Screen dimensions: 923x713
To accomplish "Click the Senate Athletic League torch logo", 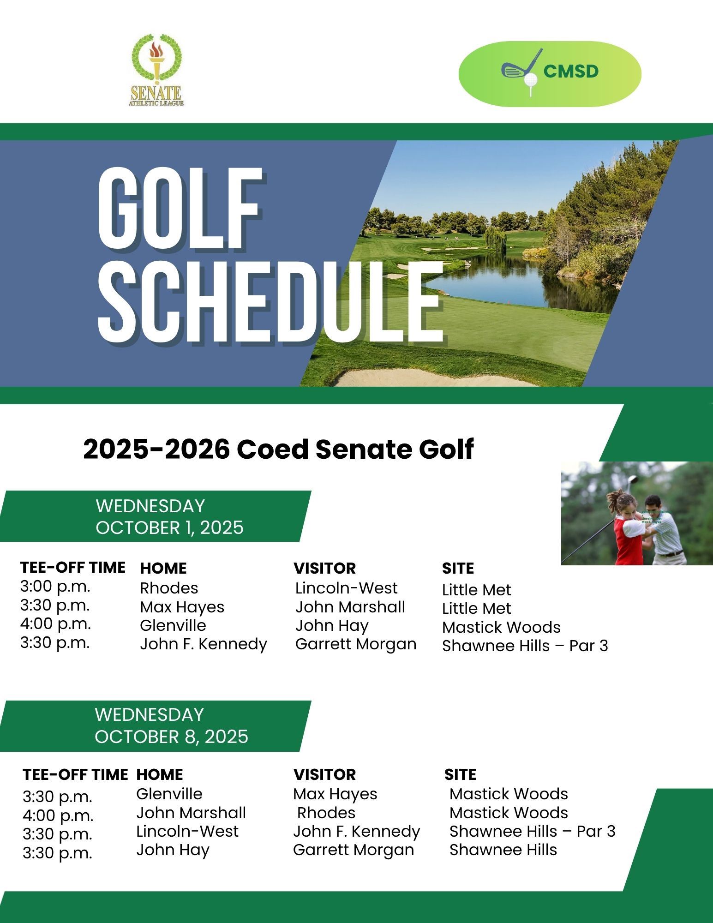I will pyautogui.click(x=156, y=69).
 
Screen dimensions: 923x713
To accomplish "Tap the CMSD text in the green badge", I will pyautogui.click(x=571, y=71).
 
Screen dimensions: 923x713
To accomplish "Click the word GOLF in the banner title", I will pyautogui.click(x=180, y=208).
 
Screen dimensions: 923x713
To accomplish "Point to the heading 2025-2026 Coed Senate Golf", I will pyautogui.click(x=278, y=449).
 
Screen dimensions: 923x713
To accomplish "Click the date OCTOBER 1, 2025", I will pyautogui.click(x=169, y=527).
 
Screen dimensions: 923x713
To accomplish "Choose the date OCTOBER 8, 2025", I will pyautogui.click(x=171, y=736).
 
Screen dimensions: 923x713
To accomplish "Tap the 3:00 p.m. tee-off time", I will pyautogui.click(x=55, y=587).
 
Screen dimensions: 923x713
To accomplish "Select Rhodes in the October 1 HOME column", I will pyautogui.click(x=169, y=588).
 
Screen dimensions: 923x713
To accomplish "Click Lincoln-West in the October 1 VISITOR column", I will pyautogui.click(x=346, y=588).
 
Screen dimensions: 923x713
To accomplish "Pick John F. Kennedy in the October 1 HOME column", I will pyautogui.click(x=204, y=644).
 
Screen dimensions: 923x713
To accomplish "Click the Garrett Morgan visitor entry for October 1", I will pyautogui.click(x=356, y=644).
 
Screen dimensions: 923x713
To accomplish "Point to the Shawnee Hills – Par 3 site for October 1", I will pyautogui.click(x=525, y=646).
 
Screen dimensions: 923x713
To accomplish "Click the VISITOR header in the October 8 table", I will pyautogui.click(x=324, y=774).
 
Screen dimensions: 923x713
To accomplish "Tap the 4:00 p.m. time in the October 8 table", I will pyautogui.click(x=58, y=815).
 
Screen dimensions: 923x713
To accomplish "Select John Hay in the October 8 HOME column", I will pyautogui.click(x=173, y=850).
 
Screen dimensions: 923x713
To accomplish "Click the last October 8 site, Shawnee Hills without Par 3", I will pyautogui.click(x=503, y=850).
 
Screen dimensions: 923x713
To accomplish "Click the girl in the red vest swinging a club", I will pyautogui.click(x=628, y=531).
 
